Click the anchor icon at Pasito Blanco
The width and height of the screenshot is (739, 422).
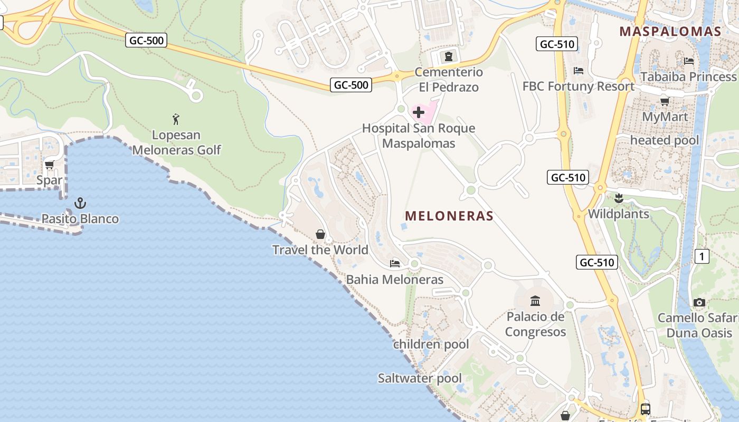tap(80, 203)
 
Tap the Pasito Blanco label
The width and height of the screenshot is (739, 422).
tap(80, 218)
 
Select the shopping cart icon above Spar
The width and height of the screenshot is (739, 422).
tap(50, 165)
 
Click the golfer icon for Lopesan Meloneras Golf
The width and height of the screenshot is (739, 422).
tap(176, 119)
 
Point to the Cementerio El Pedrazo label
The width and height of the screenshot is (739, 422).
tap(449, 79)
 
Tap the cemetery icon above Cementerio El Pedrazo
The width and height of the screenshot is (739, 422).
tap(449, 56)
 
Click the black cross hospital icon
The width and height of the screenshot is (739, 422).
tap(419, 112)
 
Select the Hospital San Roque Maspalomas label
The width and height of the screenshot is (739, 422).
tap(419, 136)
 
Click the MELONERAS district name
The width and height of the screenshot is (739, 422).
tap(449, 216)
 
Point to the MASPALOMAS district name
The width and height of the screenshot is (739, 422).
tap(670, 31)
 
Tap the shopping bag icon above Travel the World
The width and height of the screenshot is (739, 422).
tap(320, 234)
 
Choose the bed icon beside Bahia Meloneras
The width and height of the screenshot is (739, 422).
tap(394, 263)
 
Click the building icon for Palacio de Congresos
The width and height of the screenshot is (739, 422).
tap(535, 301)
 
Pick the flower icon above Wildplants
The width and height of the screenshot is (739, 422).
tap(619, 199)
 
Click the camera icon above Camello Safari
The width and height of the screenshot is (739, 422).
tap(699, 302)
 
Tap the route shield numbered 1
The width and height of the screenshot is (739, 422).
tap(702, 256)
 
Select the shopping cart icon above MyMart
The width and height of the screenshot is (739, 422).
tap(665, 101)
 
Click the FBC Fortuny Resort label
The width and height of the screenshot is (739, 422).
tap(579, 86)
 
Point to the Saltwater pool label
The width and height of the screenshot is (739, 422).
tap(420, 378)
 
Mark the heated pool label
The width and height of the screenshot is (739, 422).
tap(665, 140)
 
